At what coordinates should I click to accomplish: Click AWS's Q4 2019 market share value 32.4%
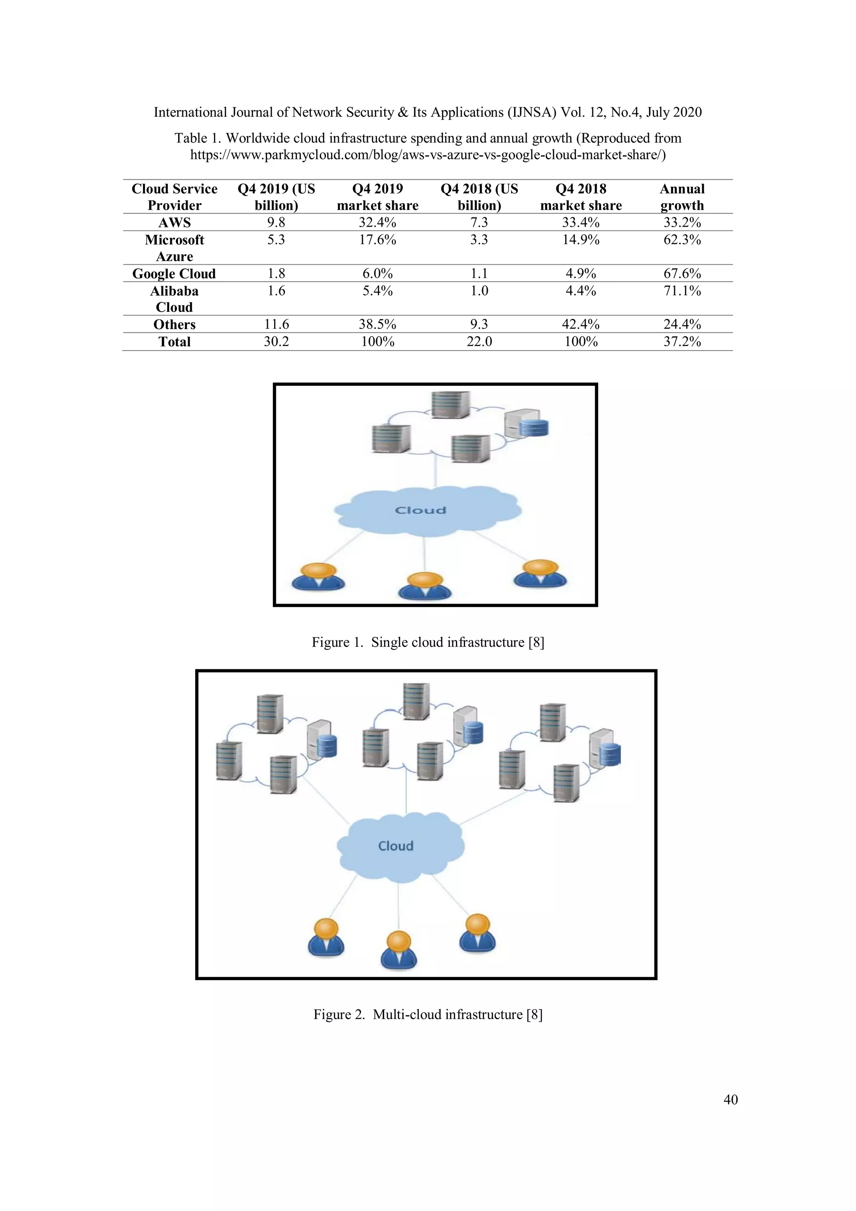tap(377, 222)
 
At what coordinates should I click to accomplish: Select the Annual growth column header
tap(682, 197)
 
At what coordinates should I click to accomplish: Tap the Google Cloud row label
tap(174, 274)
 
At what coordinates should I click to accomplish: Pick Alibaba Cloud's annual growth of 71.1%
tap(682, 291)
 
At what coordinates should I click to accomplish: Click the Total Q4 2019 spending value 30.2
tap(276, 342)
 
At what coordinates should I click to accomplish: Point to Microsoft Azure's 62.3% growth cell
tap(682, 240)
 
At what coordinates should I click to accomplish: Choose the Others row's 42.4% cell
tap(581, 324)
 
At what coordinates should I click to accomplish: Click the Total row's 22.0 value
tap(479, 342)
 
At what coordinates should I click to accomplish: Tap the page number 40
tap(731, 1100)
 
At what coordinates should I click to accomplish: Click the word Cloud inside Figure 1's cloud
tap(420, 510)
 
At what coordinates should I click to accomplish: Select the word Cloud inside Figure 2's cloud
tap(395, 846)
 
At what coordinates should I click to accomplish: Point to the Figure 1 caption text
tap(428, 642)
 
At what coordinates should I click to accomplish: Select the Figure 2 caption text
tap(428, 1014)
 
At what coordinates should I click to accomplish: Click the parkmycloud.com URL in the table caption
tap(428, 155)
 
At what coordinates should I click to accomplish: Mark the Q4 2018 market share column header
tap(581, 197)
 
